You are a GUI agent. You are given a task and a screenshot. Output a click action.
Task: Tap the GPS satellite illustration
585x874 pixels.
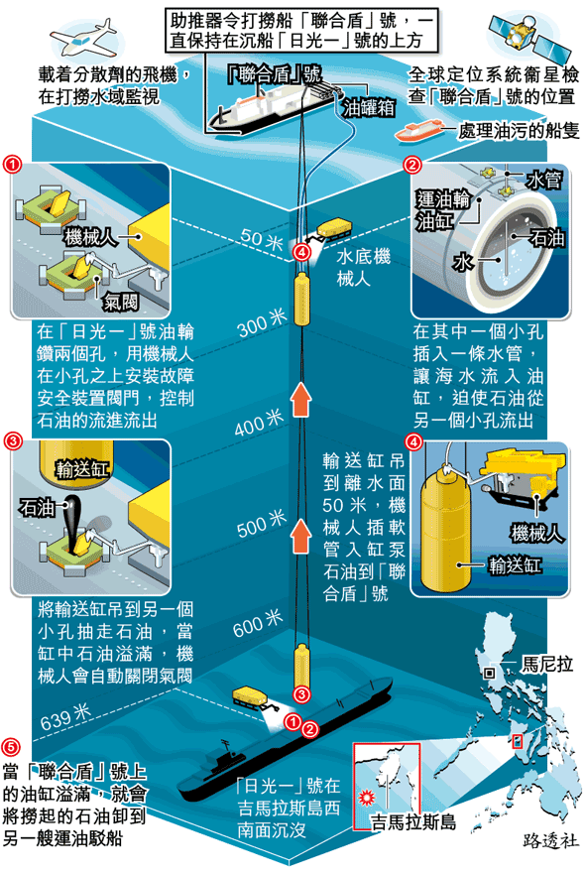point(529,35)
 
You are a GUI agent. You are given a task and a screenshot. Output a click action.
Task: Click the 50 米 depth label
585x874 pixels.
point(262,239)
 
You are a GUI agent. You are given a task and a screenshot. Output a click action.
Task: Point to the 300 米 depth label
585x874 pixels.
point(262,322)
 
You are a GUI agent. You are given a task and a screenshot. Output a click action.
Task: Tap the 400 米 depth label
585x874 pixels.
point(259,422)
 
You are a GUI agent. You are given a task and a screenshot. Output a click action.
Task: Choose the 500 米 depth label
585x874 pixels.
point(262,524)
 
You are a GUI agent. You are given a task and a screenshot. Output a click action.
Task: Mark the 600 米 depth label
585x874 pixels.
point(258,623)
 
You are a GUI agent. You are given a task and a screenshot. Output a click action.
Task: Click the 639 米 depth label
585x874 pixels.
point(65,717)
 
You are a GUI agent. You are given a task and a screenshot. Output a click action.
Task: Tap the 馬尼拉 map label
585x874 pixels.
point(546,664)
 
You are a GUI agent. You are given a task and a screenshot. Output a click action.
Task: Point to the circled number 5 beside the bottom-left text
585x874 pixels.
point(11,747)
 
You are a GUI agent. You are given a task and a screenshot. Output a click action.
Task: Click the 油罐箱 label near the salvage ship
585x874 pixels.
point(368,107)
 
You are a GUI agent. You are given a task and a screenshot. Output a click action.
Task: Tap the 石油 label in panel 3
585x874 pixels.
point(37,507)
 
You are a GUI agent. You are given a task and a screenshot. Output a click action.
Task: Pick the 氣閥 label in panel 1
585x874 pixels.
point(121,303)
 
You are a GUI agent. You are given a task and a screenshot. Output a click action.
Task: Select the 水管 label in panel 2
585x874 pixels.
point(543,180)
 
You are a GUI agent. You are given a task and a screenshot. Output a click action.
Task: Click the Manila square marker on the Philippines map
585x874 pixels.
point(489,673)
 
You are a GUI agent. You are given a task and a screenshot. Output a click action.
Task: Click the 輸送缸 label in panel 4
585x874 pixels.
point(515,565)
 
